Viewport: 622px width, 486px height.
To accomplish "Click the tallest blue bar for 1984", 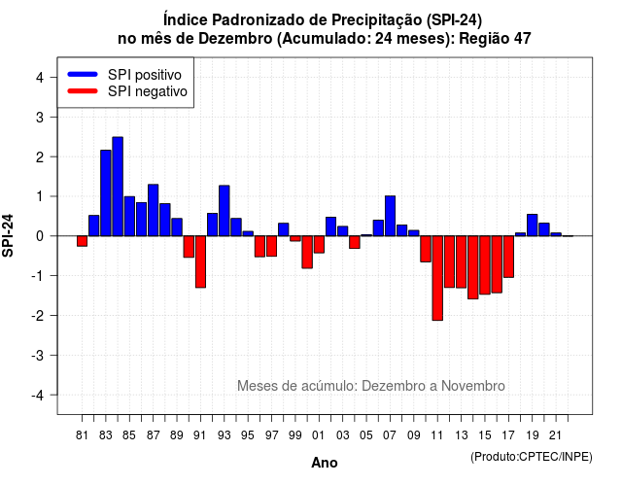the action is coord(118,187).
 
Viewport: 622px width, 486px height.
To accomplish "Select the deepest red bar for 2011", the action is coord(437,278).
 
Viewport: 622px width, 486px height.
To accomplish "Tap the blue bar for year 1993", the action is coord(225,211).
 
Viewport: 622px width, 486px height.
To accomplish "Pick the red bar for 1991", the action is coord(200,261).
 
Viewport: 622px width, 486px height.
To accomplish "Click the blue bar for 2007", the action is coord(390,216).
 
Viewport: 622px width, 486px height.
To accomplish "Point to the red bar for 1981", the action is coord(82,241).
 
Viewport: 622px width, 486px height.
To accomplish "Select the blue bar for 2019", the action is coord(533,225).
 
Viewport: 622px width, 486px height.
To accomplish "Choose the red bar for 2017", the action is coord(508,257).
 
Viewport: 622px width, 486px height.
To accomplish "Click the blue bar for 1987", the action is coord(154,210).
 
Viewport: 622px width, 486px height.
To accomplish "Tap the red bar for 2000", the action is coord(307,253).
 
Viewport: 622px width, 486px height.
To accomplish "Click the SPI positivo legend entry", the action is coord(125,75).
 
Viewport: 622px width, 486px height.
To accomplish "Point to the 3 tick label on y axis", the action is coord(40,118).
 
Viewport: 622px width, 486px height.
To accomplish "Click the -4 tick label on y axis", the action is coord(38,396).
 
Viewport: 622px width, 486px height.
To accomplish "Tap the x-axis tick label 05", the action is coord(366,435).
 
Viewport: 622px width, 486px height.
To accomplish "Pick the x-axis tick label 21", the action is coord(556,435).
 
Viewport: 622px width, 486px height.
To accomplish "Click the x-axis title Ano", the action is coord(325,463).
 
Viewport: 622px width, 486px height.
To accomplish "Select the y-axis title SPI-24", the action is coord(8,235).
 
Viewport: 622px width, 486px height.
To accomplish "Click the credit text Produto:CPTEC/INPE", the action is coord(532,457).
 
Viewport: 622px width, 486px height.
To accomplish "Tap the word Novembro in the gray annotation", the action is coord(473,386).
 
